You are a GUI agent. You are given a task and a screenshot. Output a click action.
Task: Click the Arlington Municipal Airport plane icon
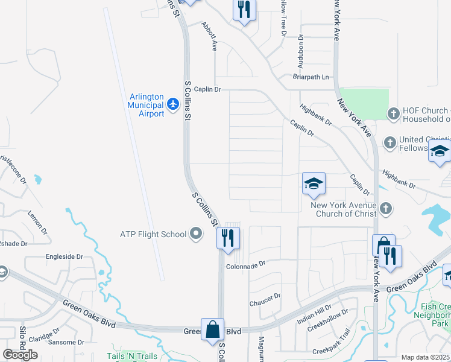click(174, 104)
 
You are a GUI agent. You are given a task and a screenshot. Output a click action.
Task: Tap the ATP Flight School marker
click(195, 233)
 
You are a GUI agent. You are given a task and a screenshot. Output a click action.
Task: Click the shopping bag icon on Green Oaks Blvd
click(212, 329)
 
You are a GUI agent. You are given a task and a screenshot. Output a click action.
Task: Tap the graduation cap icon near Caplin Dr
click(314, 183)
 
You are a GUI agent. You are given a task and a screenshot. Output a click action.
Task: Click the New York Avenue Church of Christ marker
click(386, 209)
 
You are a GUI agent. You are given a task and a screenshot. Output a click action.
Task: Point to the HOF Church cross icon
click(393, 113)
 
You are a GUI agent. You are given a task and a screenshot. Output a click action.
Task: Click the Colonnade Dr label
click(246, 265)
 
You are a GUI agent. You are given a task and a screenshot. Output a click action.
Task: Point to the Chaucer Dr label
click(265, 297)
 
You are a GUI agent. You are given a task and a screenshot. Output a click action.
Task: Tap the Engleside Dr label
click(65, 256)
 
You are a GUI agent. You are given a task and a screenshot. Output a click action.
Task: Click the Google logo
click(20, 355)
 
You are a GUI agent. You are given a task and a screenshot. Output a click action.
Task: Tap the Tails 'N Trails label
click(132, 356)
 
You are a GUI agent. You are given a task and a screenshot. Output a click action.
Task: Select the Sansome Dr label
click(66, 342)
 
